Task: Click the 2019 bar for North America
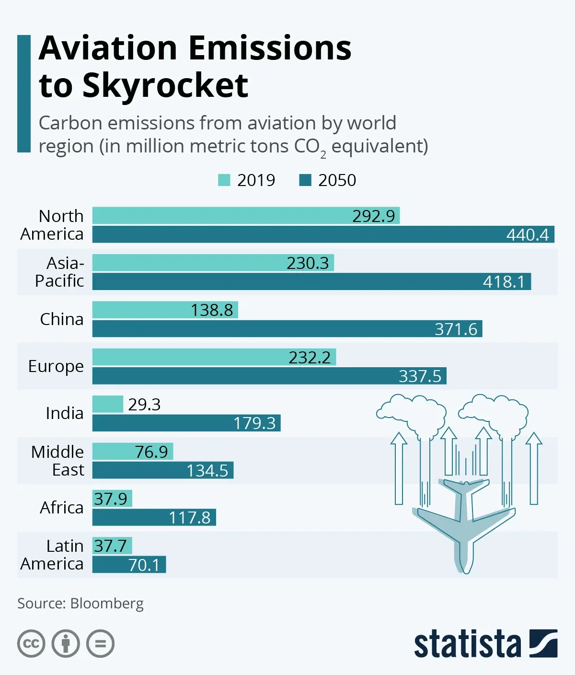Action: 246,216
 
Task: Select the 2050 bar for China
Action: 287,329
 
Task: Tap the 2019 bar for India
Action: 108,404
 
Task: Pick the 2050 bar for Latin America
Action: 129,564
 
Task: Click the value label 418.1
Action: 504,281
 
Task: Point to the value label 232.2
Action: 310,357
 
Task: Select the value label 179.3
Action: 254,423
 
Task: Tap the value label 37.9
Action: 111,499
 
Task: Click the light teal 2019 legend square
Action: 224,180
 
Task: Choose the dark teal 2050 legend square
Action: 305,180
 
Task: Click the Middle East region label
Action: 57,461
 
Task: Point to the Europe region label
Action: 56,366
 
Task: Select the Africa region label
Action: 61,507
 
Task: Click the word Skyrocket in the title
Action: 165,86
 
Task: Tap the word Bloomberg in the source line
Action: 107,603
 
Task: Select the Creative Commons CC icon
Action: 31,643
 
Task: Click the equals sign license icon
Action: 101,643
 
